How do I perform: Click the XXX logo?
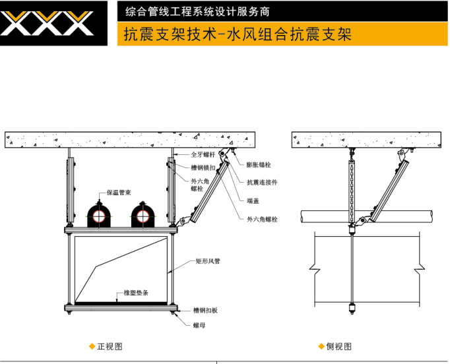click(x=48, y=23)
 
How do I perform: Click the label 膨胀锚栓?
click(x=259, y=165)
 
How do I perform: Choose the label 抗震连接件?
click(x=262, y=182)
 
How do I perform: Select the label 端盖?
click(x=253, y=200)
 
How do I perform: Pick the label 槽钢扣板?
click(x=206, y=310)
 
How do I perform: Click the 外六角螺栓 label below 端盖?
click(x=262, y=219)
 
